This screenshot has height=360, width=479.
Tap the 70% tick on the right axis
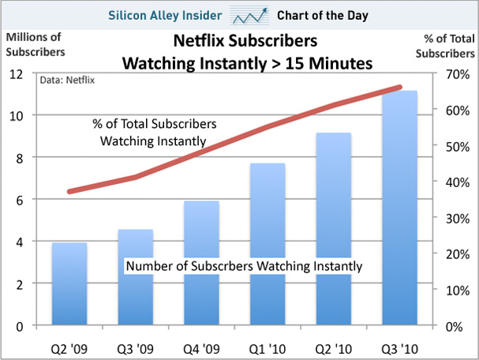tap(453, 73)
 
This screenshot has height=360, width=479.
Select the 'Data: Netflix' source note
tap(66, 80)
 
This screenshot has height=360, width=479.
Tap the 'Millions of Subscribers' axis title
tap(36, 45)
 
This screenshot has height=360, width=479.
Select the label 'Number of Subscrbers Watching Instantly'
tap(244, 266)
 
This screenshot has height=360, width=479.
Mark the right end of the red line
tap(400, 87)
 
